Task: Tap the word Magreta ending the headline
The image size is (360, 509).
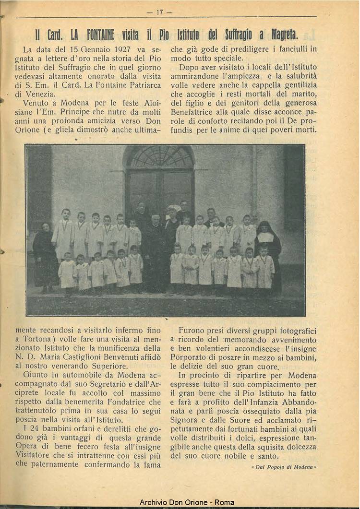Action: [x=285, y=35]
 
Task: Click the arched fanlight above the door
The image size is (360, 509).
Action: [x=159, y=156]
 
